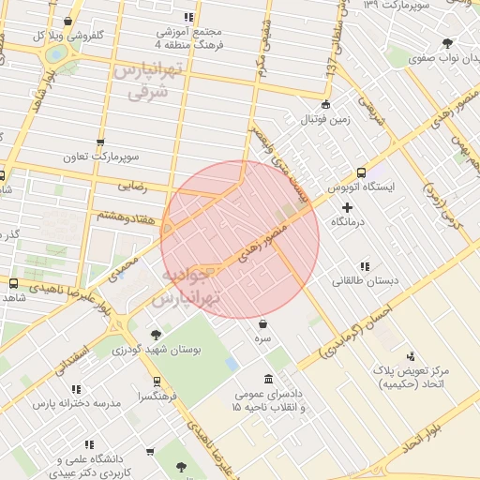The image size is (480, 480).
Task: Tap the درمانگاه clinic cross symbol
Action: pyautogui.click(x=347, y=206)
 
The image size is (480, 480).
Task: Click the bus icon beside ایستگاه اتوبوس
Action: pyautogui.click(x=361, y=172)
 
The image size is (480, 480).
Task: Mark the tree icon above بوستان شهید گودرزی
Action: pyautogui.click(x=156, y=334)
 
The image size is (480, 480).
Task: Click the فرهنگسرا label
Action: pyautogui.click(x=155, y=397)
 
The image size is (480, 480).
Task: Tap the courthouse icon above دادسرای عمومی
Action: pyautogui.click(x=269, y=379)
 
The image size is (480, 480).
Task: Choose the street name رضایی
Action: pyautogui.click(x=132, y=187)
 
